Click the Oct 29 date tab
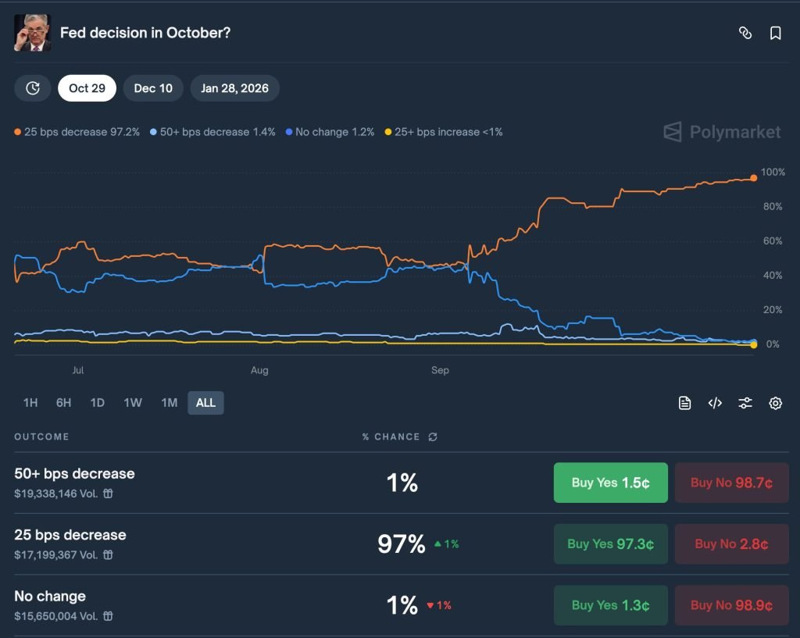(x=87, y=88)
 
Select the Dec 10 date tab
(x=153, y=88)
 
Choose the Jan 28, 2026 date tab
(x=234, y=88)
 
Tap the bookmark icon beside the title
(x=775, y=33)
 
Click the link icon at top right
(x=745, y=33)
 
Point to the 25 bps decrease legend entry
(x=77, y=132)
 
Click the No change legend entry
(x=330, y=132)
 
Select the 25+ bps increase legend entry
(x=444, y=132)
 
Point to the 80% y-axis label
(x=772, y=207)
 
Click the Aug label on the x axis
(x=259, y=370)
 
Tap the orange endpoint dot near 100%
(x=753, y=178)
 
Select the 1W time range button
(x=133, y=403)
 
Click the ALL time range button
(x=205, y=403)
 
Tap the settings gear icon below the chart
(x=775, y=403)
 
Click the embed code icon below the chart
(x=715, y=403)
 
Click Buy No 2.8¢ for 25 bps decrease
(x=731, y=544)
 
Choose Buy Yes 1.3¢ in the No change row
(x=610, y=605)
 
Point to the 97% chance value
(x=402, y=544)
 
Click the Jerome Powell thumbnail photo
(x=33, y=33)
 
